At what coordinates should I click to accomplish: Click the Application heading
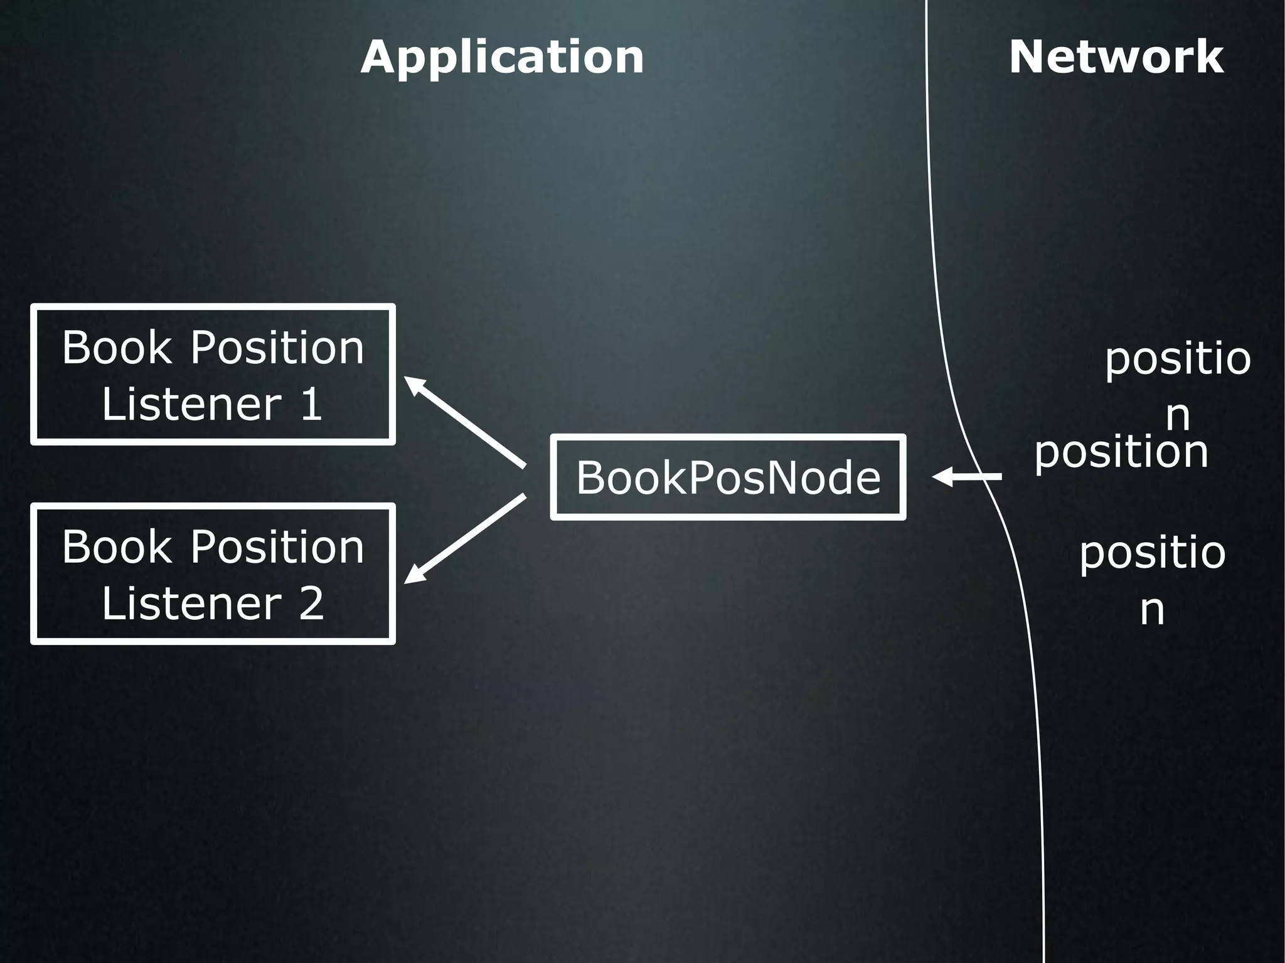tap(502, 58)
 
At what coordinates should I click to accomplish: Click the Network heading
tap(1116, 58)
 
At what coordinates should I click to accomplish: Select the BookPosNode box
tap(728, 477)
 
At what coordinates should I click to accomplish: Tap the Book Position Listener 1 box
tap(213, 375)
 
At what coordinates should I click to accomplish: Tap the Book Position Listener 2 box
tap(213, 573)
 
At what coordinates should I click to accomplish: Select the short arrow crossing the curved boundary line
tap(969, 477)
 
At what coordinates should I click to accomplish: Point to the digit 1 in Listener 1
tap(311, 405)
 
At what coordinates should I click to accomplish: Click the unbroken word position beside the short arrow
tap(1121, 452)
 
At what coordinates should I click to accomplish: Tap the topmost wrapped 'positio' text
tap(1178, 360)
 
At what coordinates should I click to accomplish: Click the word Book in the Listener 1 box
tap(116, 348)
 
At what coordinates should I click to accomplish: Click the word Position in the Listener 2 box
tap(277, 547)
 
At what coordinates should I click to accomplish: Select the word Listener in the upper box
tap(191, 405)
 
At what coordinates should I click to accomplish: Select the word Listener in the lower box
tap(191, 604)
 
